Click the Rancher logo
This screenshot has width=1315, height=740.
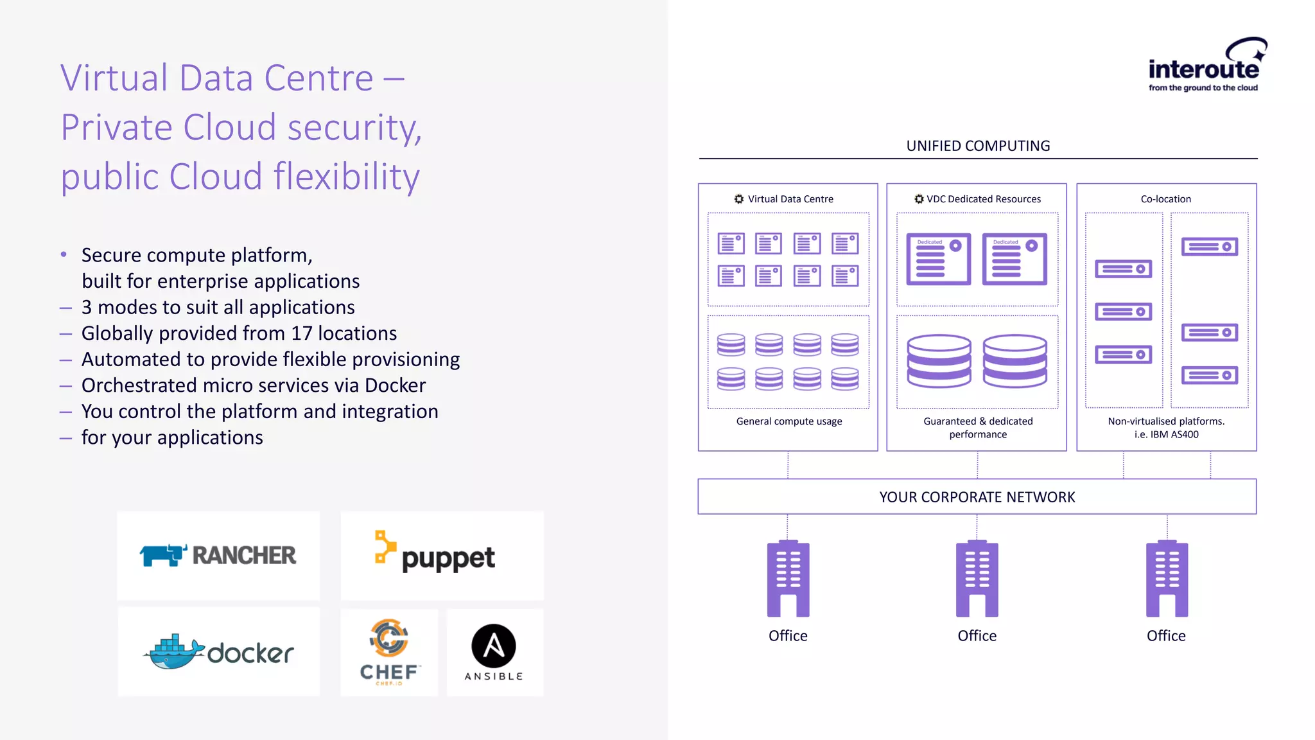218,555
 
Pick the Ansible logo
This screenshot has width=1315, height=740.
494,651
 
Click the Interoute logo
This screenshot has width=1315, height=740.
1205,66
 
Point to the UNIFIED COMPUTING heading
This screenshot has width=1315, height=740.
978,146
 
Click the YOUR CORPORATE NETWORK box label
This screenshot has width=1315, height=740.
977,497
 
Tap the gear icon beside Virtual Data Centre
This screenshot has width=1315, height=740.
739,199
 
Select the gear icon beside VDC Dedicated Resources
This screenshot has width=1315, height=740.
919,199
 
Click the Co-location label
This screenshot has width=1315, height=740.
1165,199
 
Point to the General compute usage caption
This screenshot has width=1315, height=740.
789,421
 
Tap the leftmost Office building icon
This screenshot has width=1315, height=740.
788,579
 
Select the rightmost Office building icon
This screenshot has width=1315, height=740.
1167,579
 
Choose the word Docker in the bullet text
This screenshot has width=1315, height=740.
395,385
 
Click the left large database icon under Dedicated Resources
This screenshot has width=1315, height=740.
939,361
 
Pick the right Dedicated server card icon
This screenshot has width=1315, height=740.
1015,260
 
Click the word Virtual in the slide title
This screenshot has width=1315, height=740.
114,78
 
